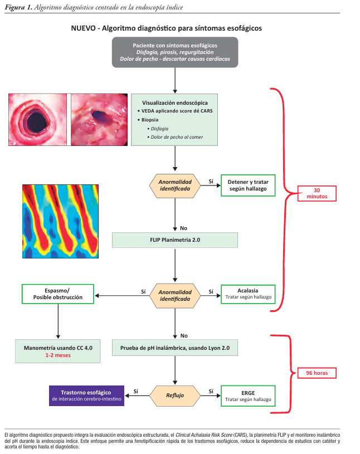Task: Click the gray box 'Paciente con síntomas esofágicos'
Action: pyautogui.click(x=175, y=52)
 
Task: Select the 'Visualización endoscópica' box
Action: pyautogui.click(x=174, y=119)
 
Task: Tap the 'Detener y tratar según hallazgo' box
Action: pyautogui.click(x=248, y=185)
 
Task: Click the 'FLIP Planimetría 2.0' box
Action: pyautogui.click(x=175, y=240)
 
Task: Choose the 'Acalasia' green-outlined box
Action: pyautogui.click(x=248, y=294)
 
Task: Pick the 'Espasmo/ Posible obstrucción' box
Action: pyautogui.click(x=58, y=294)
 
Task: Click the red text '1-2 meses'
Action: pyautogui.click(x=58, y=354)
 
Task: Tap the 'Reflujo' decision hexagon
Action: pyautogui.click(x=175, y=395)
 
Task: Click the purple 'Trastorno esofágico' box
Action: pyautogui.click(x=87, y=395)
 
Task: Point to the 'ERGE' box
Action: pyautogui.click(x=248, y=395)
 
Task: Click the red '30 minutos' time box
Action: pyautogui.click(x=317, y=193)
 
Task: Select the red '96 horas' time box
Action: pyautogui.click(x=317, y=373)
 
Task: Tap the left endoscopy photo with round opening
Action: pyautogui.click(x=37, y=119)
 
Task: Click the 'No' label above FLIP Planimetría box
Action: pyautogui.click(x=184, y=227)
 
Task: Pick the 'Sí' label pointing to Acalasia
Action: pyautogui.click(x=211, y=291)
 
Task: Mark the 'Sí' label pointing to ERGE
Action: pyautogui.click(x=211, y=392)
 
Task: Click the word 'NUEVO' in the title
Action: pyautogui.click(x=83, y=27)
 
